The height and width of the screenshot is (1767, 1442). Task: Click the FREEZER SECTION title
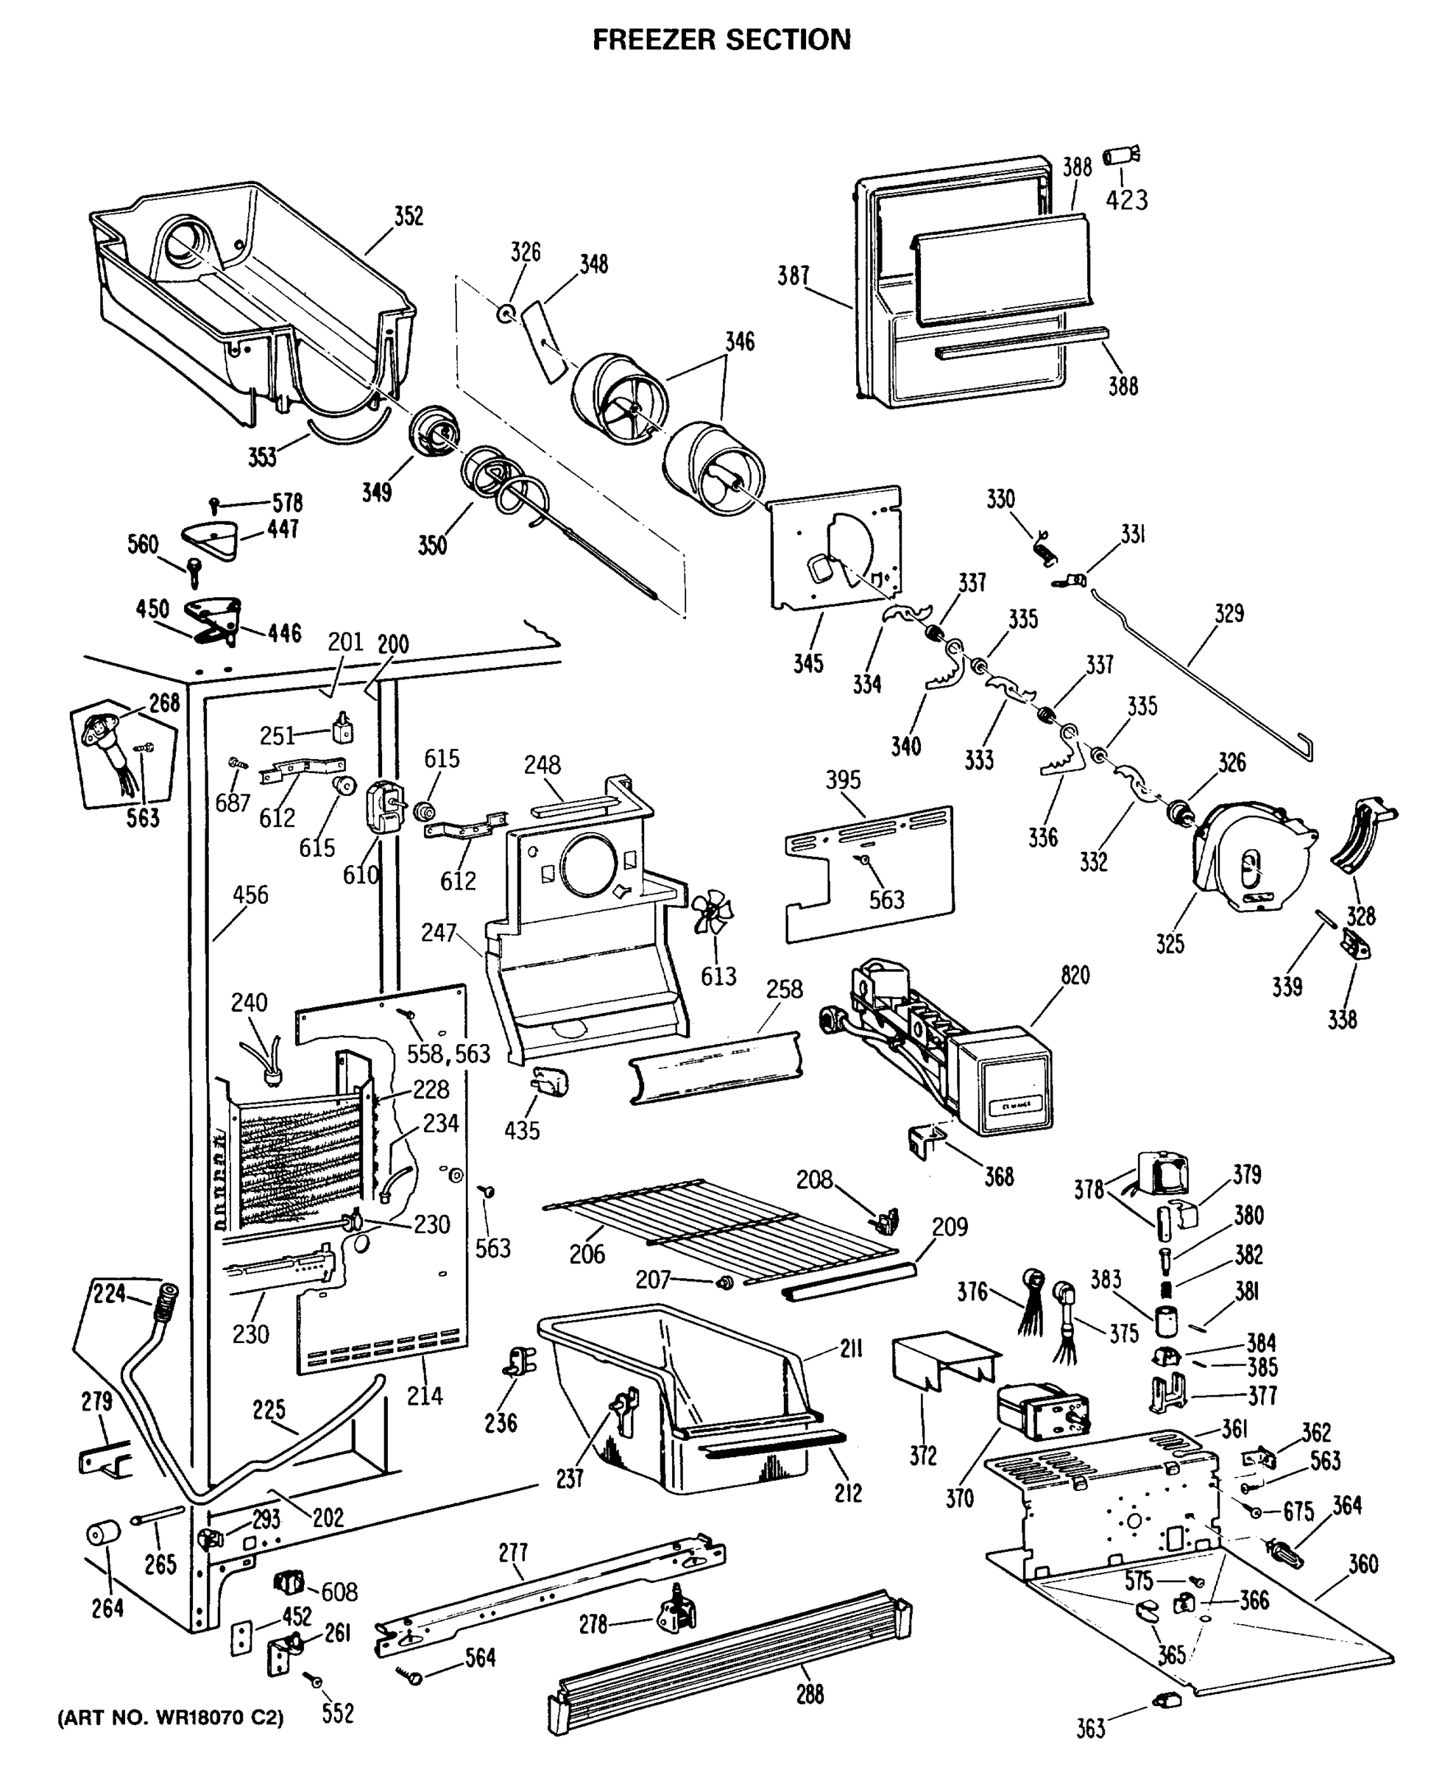pyautogui.click(x=721, y=39)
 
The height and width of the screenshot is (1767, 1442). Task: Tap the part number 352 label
pyautogui.click(x=408, y=216)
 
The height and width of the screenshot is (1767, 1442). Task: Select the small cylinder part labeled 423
pyautogui.click(x=1120, y=155)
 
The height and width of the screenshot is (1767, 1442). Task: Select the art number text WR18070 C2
pyautogui.click(x=170, y=1718)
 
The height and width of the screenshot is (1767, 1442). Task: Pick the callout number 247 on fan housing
pyautogui.click(x=438, y=932)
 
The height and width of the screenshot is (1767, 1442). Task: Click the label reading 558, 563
pyautogui.click(x=448, y=1054)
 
